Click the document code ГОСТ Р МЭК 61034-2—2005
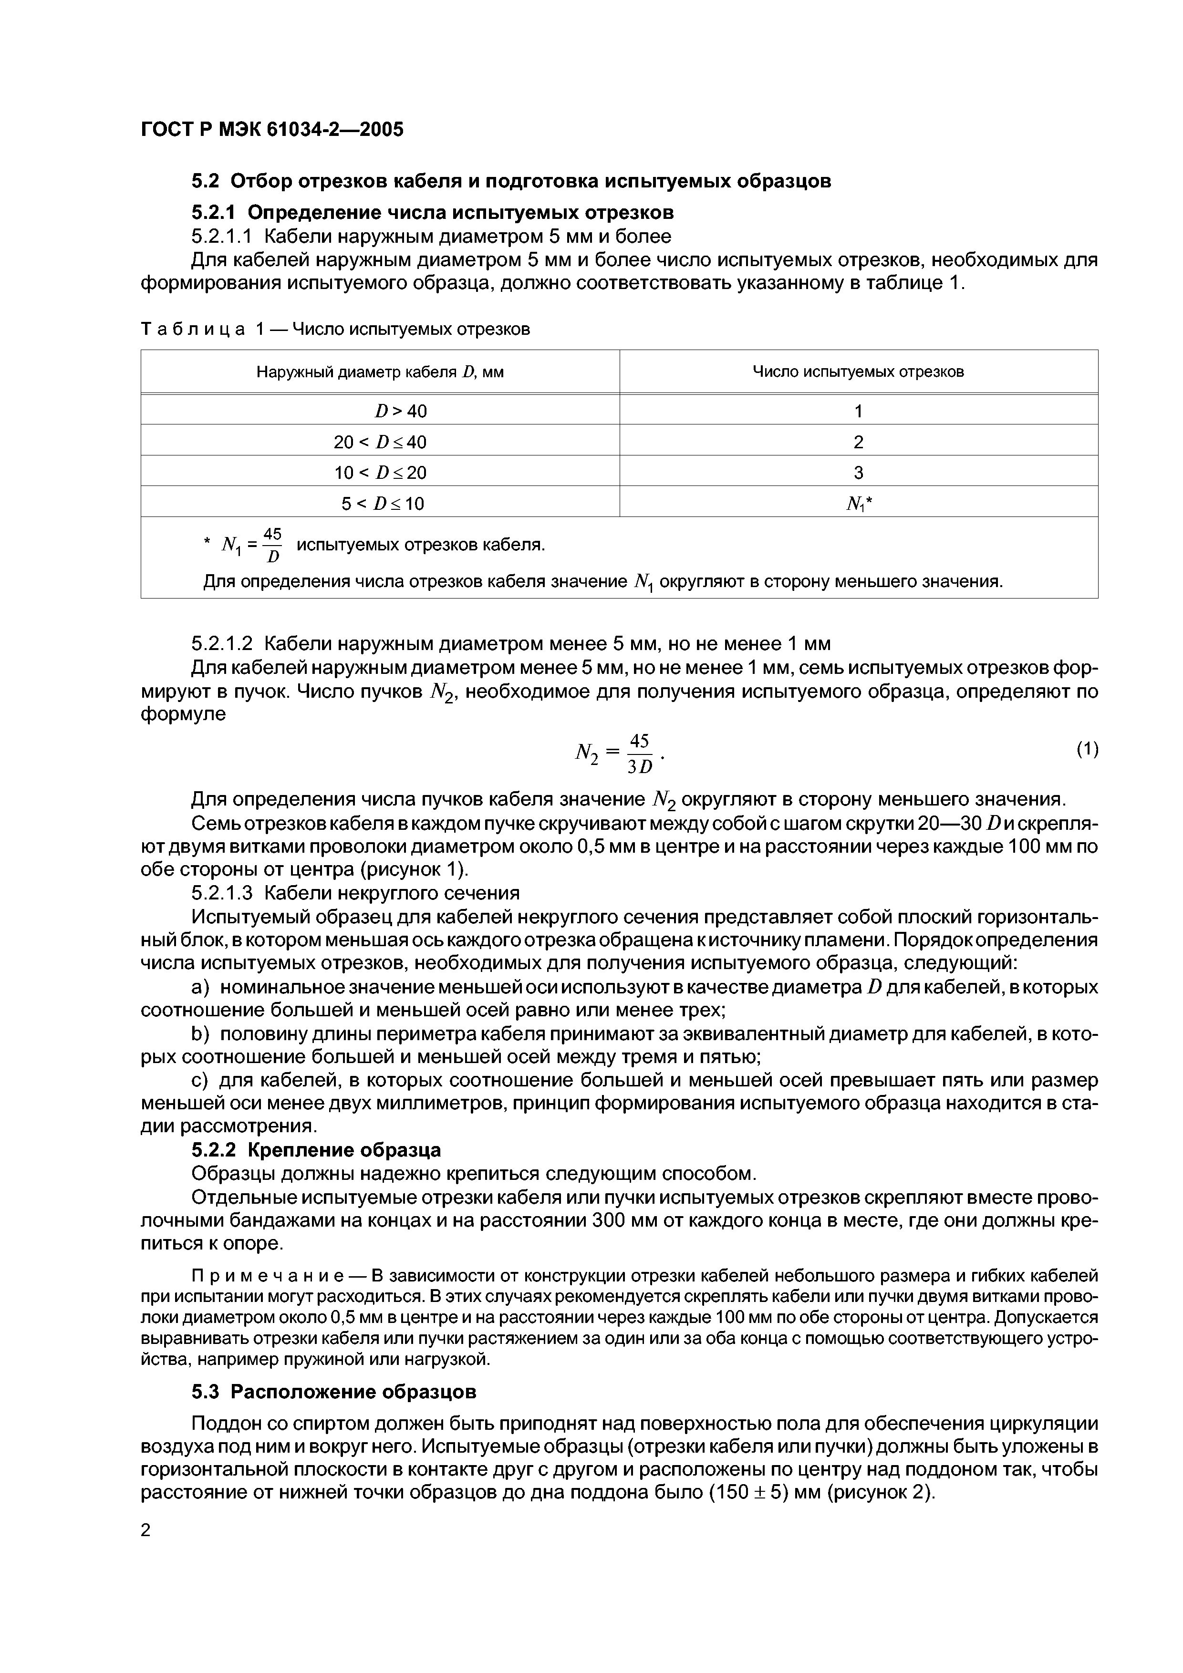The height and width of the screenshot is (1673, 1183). [271, 130]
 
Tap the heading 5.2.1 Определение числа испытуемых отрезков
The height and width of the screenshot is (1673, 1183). [432, 212]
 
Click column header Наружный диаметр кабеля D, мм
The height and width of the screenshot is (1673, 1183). [380, 372]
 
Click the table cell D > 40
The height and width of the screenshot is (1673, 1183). [401, 412]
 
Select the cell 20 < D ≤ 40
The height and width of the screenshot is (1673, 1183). [380, 442]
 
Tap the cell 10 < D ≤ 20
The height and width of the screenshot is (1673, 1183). [380, 473]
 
